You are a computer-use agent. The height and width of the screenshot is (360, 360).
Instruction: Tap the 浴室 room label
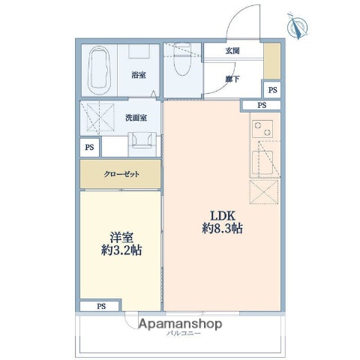point(138,75)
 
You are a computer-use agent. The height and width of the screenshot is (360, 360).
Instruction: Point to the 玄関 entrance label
point(232,52)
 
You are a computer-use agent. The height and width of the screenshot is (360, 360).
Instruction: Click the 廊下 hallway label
point(232,77)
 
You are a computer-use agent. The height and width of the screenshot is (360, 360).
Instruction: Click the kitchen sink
point(264,160)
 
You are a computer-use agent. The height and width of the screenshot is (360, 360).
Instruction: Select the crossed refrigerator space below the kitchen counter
point(265,193)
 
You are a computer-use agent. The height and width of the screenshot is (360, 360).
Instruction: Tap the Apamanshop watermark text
point(180,324)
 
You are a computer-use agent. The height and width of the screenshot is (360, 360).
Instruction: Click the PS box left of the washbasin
point(89,146)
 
